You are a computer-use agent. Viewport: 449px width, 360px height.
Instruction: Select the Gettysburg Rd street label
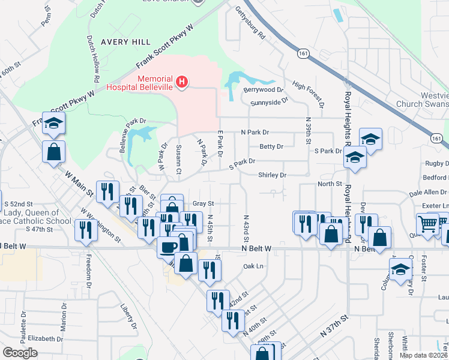point(250,22)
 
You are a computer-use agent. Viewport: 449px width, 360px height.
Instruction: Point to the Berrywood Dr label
point(264,89)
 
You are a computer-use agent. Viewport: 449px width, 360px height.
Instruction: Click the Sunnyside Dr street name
point(269,101)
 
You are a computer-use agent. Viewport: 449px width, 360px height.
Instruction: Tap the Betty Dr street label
point(271,146)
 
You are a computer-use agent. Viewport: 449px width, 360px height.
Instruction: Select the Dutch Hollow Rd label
point(93,58)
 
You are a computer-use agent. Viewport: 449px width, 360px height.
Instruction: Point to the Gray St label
point(203,203)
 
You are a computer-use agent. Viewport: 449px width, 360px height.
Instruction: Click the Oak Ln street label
point(253,266)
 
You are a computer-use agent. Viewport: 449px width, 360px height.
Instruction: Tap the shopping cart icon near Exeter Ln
point(427,225)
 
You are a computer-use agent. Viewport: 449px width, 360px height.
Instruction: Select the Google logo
point(20,353)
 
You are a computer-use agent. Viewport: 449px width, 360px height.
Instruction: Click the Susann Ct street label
point(179,160)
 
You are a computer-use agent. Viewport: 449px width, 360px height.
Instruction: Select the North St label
point(330,184)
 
